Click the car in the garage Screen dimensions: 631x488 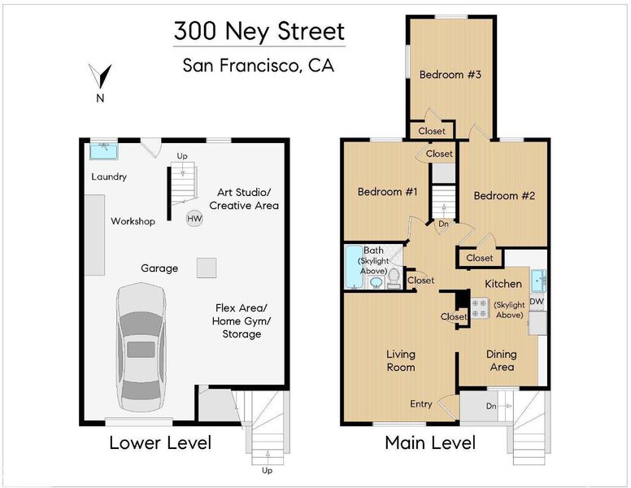pos(141,347)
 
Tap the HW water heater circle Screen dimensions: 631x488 pos(194,219)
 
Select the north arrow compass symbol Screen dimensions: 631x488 pos(100,76)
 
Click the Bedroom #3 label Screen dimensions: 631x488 pos(450,75)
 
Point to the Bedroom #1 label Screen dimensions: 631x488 pos(387,191)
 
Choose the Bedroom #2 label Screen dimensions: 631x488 pos(504,196)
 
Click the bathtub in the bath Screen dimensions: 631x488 pos(354,267)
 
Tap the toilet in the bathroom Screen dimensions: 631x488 pos(394,279)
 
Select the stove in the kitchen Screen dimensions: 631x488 pos(480,308)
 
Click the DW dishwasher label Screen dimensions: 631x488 pos(537,301)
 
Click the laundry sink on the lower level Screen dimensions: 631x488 pos(104,151)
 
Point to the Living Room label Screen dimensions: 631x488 pos(400,360)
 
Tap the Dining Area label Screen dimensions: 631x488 pos(502,360)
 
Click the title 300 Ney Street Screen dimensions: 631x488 pos(259,31)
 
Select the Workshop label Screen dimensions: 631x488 pos(133,221)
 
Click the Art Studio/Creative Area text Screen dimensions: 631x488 pos(244,199)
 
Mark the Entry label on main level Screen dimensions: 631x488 pos(421,404)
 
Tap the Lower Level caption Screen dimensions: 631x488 pos(160,443)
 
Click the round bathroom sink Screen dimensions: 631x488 pos(376,282)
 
